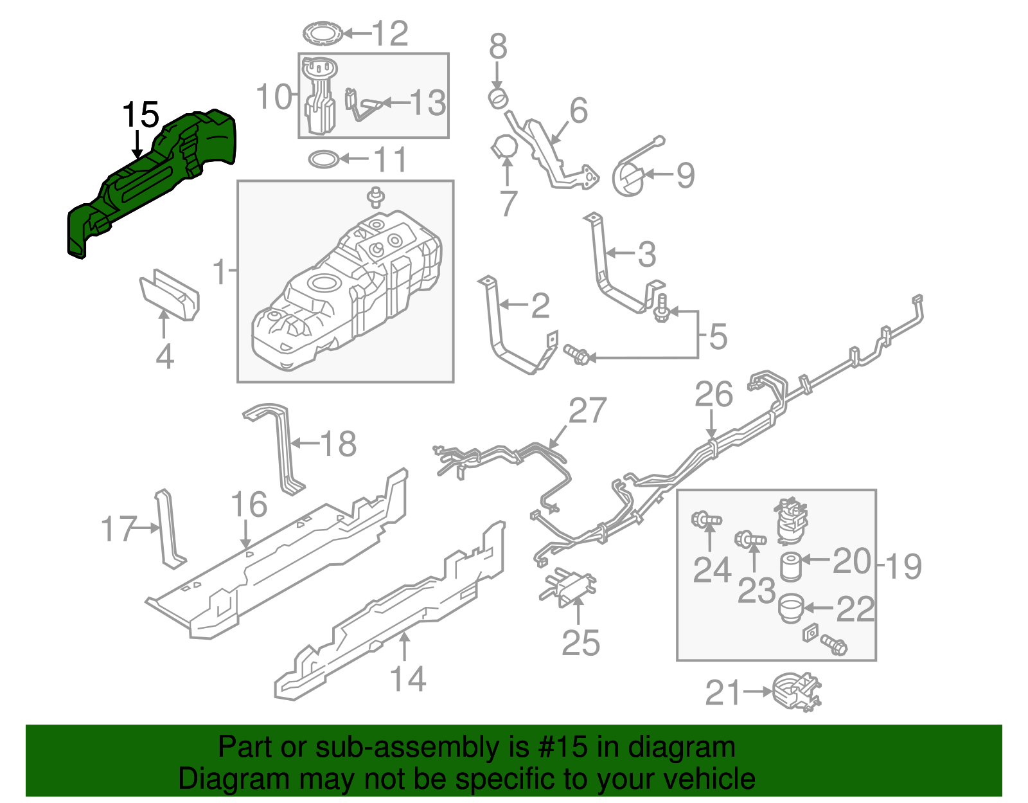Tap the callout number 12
click(x=390, y=33)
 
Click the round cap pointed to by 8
click(x=498, y=99)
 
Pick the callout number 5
click(x=718, y=336)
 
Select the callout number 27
click(x=587, y=411)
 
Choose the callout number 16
click(x=249, y=505)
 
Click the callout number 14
click(x=407, y=680)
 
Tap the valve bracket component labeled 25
click(x=568, y=585)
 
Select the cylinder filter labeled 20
click(x=790, y=566)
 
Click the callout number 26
click(x=713, y=395)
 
